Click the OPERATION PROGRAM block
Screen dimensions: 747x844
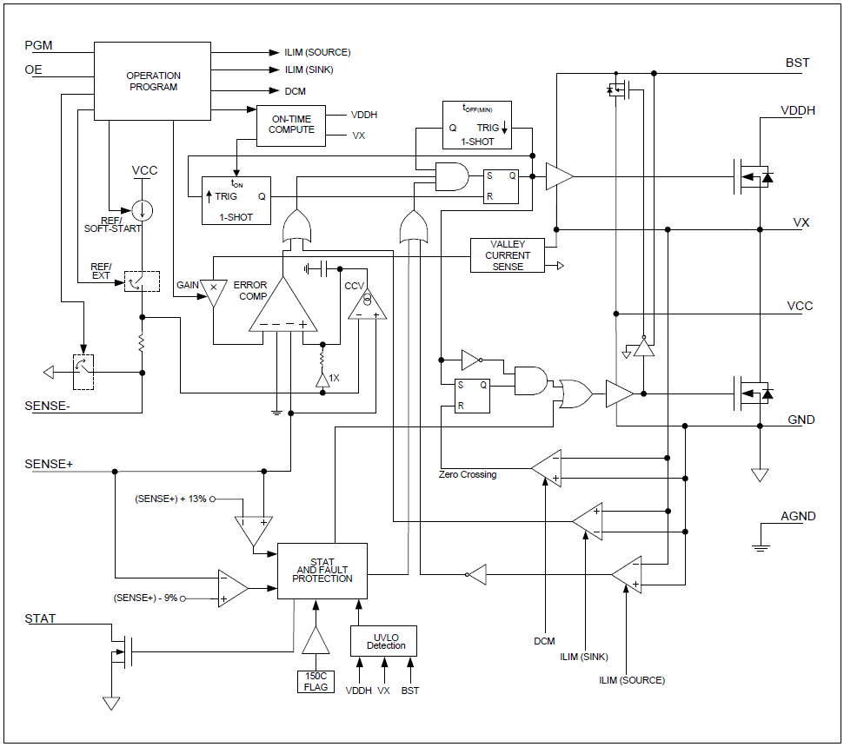click(x=152, y=82)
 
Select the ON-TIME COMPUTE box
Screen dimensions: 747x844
click(x=290, y=125)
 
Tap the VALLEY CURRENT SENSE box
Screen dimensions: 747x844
click(x=508, y=255)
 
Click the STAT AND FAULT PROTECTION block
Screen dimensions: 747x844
click(x=322, y=571)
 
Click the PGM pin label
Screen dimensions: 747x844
click(x=38, y=45)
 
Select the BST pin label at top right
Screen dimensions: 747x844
click(x=796, y=63)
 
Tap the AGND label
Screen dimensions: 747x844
click(x=797, y=516)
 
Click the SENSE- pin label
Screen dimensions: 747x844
click(x=49, y=406)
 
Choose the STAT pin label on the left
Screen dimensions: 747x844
click(x=40, y=618)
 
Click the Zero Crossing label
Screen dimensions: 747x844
click(x=468, y=475)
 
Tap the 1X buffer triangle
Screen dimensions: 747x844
click(x=322, y=380)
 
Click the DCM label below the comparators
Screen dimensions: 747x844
click(x=544, y=641)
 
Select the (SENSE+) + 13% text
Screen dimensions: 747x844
click(x=170, y=499)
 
